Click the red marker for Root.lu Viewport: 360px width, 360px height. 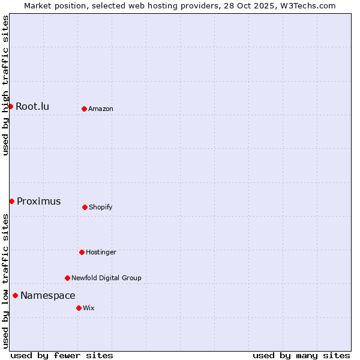(10, 106)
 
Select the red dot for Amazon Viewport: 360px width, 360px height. (84, 109)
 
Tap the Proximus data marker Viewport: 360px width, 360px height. (11, 201)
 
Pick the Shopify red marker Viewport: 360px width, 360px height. (85, 207)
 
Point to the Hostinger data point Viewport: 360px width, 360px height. (82, 252)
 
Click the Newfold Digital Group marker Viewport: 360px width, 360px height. (67, 278)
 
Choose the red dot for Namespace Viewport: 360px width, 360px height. (15, 295)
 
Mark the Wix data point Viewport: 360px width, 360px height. (79, 308)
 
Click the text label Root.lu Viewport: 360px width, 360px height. (32, 107)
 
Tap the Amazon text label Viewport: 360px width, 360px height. (101, 109)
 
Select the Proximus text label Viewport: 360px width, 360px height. (38, 202)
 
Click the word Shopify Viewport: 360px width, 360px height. (101, 208)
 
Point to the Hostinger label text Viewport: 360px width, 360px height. (101, 253)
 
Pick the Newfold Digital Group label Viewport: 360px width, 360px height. (106, 278)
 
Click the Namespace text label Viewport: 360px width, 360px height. (47, 296)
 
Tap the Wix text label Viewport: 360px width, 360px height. (89, 308)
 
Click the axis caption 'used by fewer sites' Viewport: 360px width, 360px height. (62, 356)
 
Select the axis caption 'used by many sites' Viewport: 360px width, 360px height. (301, 356)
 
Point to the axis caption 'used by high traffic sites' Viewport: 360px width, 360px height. (5, 85)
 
